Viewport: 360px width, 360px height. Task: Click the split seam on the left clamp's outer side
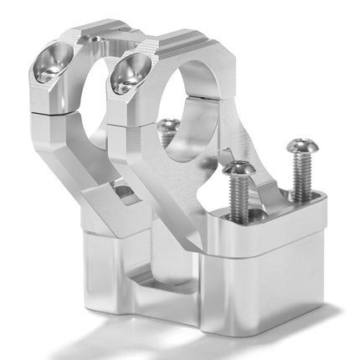(x=33, y=100)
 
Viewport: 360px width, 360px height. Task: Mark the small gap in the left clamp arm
(x=126, y=194)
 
